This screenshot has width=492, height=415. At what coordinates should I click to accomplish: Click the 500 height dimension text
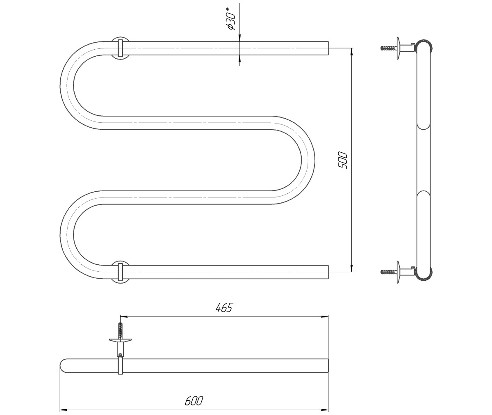pos(343,160)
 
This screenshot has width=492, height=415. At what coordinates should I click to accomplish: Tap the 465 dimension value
pos(224,307)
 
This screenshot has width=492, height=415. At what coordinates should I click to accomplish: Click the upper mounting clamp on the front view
pos(120,48)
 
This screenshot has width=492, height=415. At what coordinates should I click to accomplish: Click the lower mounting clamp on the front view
pos(120,272)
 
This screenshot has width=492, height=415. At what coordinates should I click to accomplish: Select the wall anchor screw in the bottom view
pos(121,330)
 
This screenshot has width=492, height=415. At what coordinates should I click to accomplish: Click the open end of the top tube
pos(328,48)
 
